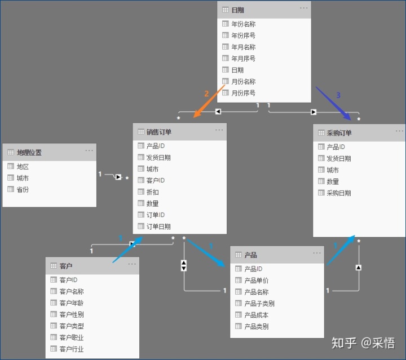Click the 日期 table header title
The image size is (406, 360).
237,10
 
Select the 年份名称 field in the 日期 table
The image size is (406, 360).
243,24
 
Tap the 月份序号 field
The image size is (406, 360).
243,93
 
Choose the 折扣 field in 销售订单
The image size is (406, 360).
152,192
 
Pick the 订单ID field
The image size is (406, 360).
155,215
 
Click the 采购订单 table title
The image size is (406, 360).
339,133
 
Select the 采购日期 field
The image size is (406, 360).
338,193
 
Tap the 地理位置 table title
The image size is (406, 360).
29,152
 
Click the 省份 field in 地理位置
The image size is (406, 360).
23,190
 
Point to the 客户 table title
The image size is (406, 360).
65,266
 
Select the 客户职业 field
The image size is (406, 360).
71,337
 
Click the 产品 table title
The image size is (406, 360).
250,255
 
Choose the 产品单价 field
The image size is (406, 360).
256,280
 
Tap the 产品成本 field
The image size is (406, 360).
256,315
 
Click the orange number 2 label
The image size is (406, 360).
206,93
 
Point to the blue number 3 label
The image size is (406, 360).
338,95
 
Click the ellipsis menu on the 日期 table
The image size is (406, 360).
304,8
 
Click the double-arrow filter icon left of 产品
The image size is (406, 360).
184,265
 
